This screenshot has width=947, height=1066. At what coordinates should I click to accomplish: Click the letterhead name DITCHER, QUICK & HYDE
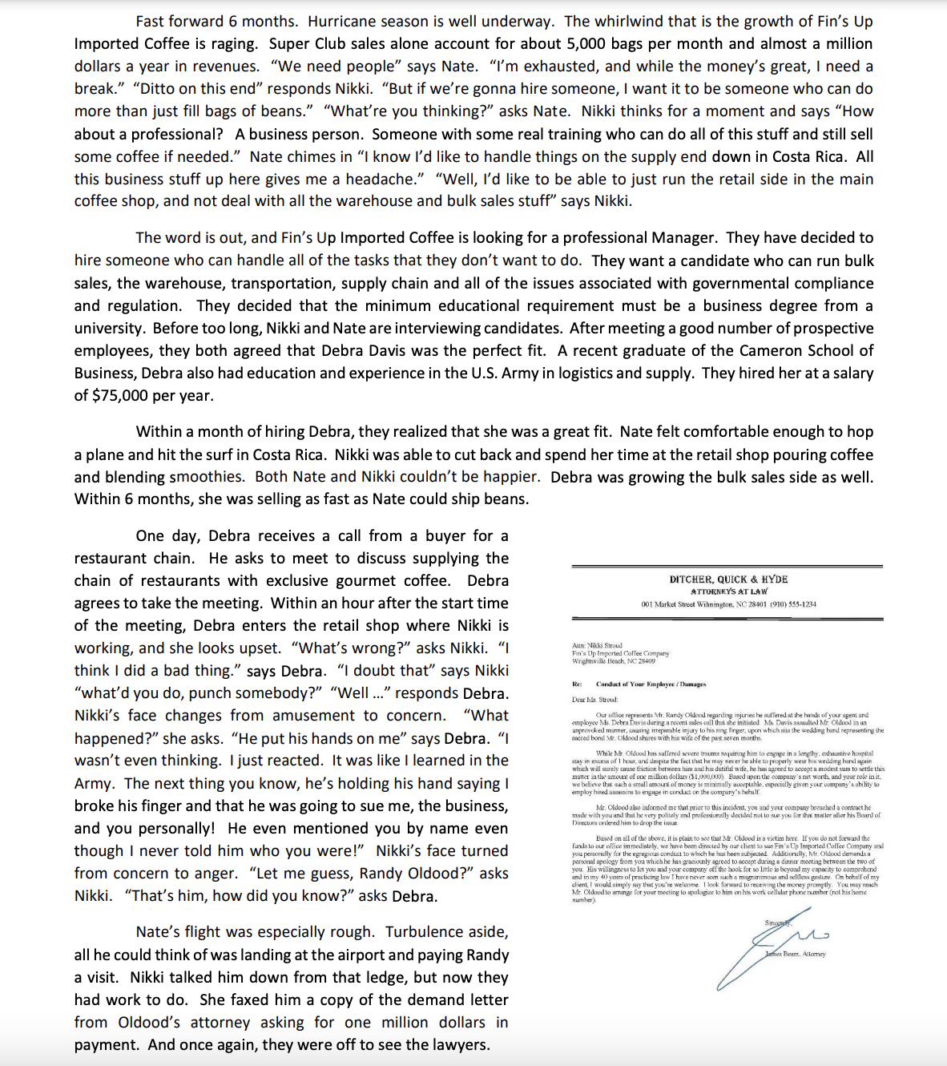(728, 579)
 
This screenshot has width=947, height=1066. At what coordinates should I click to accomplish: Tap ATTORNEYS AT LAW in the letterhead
(728, 591)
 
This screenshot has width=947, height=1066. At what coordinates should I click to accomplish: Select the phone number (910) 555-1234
(793, 604)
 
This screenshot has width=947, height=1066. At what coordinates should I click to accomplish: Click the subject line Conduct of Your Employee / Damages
(651, 684)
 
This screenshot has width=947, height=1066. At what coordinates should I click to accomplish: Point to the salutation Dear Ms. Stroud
(595, 699)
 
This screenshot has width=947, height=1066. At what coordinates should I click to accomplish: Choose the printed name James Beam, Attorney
(795, 954)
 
